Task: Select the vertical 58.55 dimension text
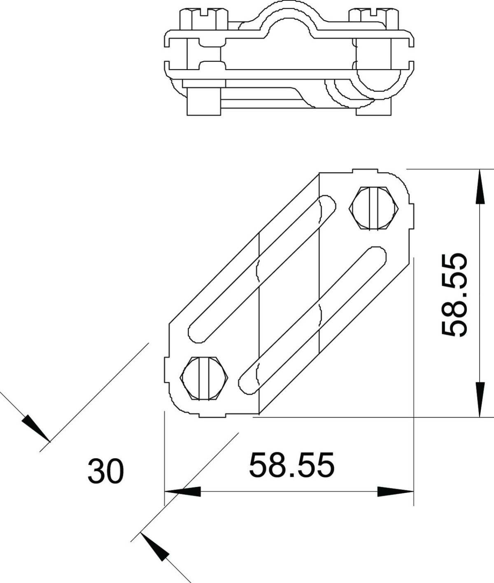pyautogui.click(x=454, y=295)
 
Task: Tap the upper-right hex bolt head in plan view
pyautogui.click(x=374, y=208)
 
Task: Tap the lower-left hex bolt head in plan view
pyautogui.click(x=204, y=378)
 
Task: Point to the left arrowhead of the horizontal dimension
pyautogui.click(x=183, y=492)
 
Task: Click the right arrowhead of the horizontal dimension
pyautogui.click(x=396, y=492)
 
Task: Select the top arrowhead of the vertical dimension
pyautogui.click(x=479, y=187)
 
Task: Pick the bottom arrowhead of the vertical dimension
pyautogui.click(x=479, y=399)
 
